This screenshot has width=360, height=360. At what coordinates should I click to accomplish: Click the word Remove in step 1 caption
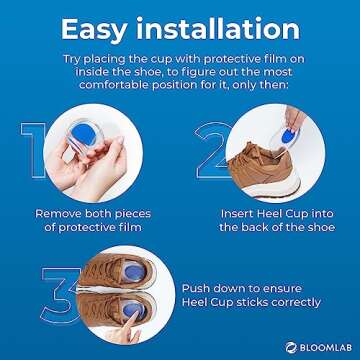[x=59, y=213]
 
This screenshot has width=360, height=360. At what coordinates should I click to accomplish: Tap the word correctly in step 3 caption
[x=291, y=302]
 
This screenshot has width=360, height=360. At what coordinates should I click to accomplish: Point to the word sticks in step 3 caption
[x=247, y=302]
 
